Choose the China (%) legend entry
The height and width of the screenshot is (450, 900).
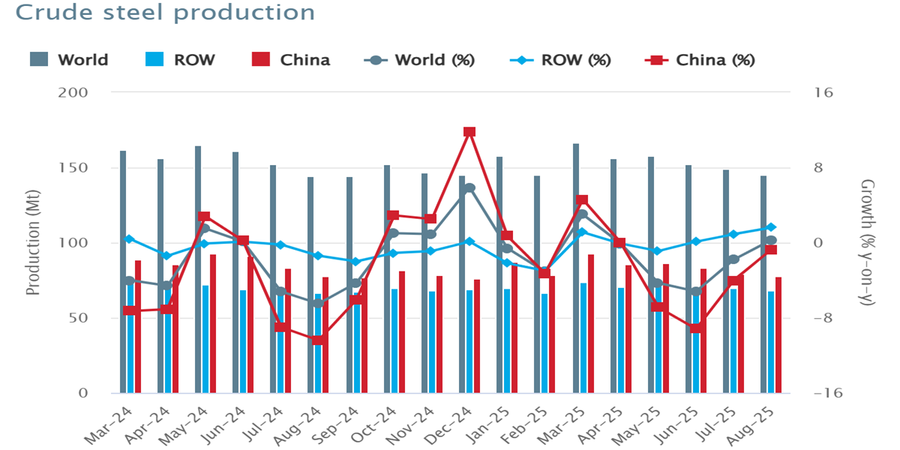click(x=700, y=60)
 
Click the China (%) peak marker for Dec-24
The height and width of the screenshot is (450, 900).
click(x=469, y=132)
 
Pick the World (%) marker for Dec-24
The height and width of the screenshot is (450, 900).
click(x=469, y=188)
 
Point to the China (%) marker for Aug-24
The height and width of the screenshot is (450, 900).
click(x=318, y=340)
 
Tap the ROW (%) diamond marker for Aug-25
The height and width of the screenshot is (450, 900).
click(x=771, y=227)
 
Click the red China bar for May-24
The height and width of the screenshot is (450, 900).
click(x=213, y=323)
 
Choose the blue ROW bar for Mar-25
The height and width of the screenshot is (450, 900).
click(x=583, y=337)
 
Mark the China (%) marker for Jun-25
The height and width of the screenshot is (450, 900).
click(x=696, y=328)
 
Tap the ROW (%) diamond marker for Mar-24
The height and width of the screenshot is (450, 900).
click(x=129, y=239)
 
